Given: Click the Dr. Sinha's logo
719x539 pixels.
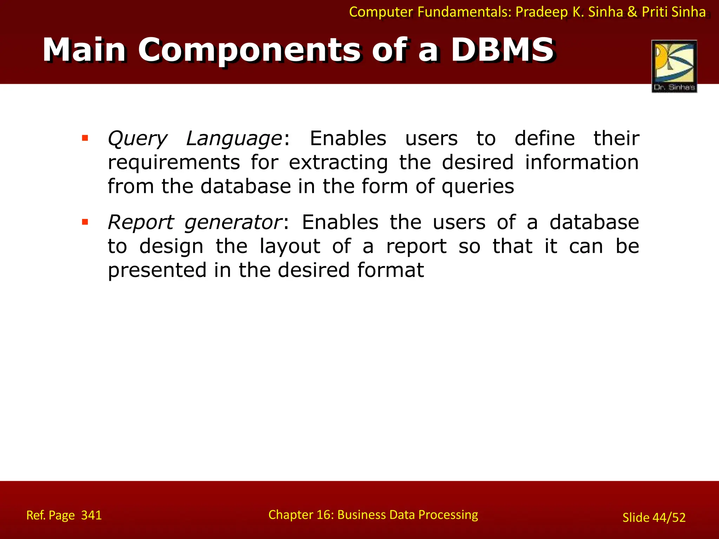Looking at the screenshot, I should tap(674, 66).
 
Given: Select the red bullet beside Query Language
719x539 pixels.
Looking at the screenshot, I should tap(85, 138).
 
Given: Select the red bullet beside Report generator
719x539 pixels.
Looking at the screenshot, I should tap(85, 222).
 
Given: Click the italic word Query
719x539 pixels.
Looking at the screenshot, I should tap(137, 139).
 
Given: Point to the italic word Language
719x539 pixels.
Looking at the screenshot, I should tap(234, 139).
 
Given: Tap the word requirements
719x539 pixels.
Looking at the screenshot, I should tap(174, 162).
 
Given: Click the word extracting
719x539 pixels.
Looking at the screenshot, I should tap(338, 162).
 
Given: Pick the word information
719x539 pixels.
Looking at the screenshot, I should tap(582, 162).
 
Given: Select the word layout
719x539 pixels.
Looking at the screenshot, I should tap(290, 246).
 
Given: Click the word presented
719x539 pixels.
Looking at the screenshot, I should tap(157, 271).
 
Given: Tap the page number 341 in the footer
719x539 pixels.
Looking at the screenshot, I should tap(91, 515).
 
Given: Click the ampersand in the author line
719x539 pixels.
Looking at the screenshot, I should tap(632, 12).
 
